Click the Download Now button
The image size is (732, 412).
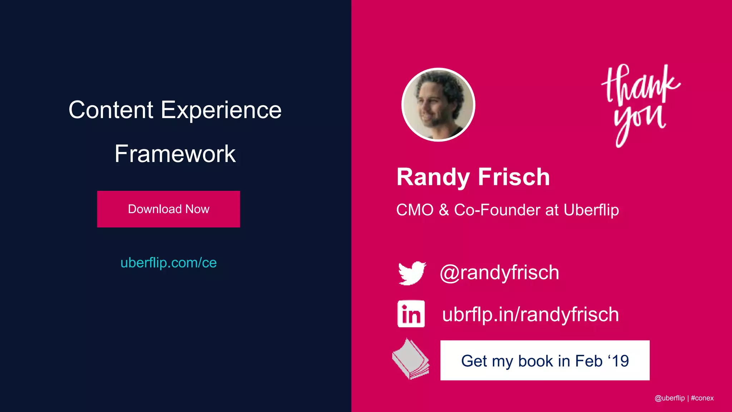pyautogui.click(x=168, y=209)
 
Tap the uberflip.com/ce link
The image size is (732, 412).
pyautogui.click(x=168, y=263)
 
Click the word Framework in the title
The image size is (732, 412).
pyautogui.click(x=175, y=154)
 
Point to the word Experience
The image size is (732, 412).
pyautogui.click(x=221, y=111)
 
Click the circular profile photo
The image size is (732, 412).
pyautogui.click(x=438, y=104)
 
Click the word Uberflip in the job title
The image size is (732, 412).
pyautogui.click(x=591, y=210)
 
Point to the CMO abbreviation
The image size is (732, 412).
pyautogui.click(x=415, y=210)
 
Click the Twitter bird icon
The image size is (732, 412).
pyautogui.click(x=412, y=273)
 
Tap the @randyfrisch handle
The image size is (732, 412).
pyautogui.click(x=499, y=273)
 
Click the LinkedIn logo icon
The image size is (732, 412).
pyautogui.click(x=411, y=314)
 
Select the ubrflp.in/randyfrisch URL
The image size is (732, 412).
pyautogui.click(x=530, y=314)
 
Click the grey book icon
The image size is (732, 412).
pyautogui.click(x=410, y=359)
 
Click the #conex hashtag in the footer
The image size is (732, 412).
pyautogui.click(x=702, y=398)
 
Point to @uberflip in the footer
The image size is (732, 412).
pyautogui.click(x=669, y=398)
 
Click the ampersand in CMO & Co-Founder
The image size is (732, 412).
pyautogui.click(x=444, y=210)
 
